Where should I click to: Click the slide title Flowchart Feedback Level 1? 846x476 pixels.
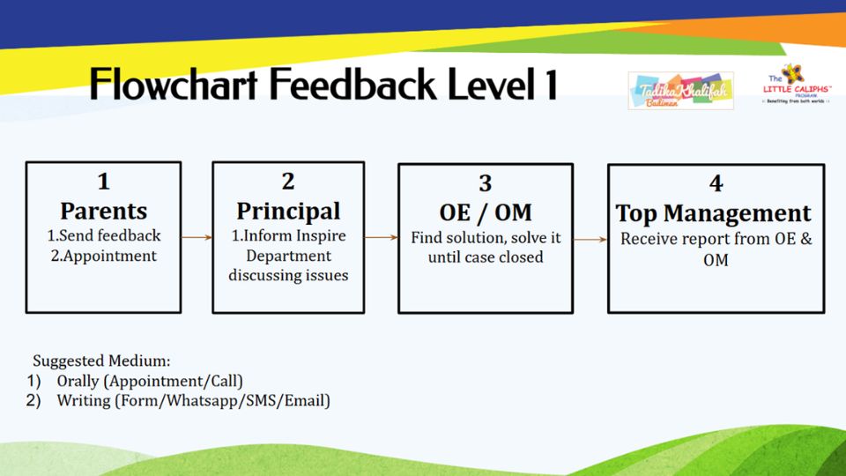click(323, 86)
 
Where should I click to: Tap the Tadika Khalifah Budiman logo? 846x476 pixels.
click(680, 91)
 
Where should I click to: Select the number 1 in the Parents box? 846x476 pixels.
click(103, 182)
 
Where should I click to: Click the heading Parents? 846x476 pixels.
click(103, 212)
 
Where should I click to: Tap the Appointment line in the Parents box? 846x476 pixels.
click(102, 257)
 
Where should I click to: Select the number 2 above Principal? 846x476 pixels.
click(288, 182)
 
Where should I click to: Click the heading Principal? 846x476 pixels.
click(288, 212)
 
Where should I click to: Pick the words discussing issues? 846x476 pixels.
click(288, 276)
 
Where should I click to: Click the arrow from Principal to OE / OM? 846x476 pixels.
click(381, 237)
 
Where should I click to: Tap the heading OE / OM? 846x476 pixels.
click(485, 213)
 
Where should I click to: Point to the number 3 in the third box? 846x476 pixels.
click(485, 183)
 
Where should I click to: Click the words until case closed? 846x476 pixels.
click(486, 257)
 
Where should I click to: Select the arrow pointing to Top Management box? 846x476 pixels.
click(590, 238)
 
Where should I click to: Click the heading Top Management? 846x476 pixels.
click(713, 213)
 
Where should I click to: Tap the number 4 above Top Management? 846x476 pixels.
click(716, 183)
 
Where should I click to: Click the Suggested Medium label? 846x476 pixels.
click(101, 361)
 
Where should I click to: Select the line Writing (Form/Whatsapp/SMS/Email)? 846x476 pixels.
click(193, 401)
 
